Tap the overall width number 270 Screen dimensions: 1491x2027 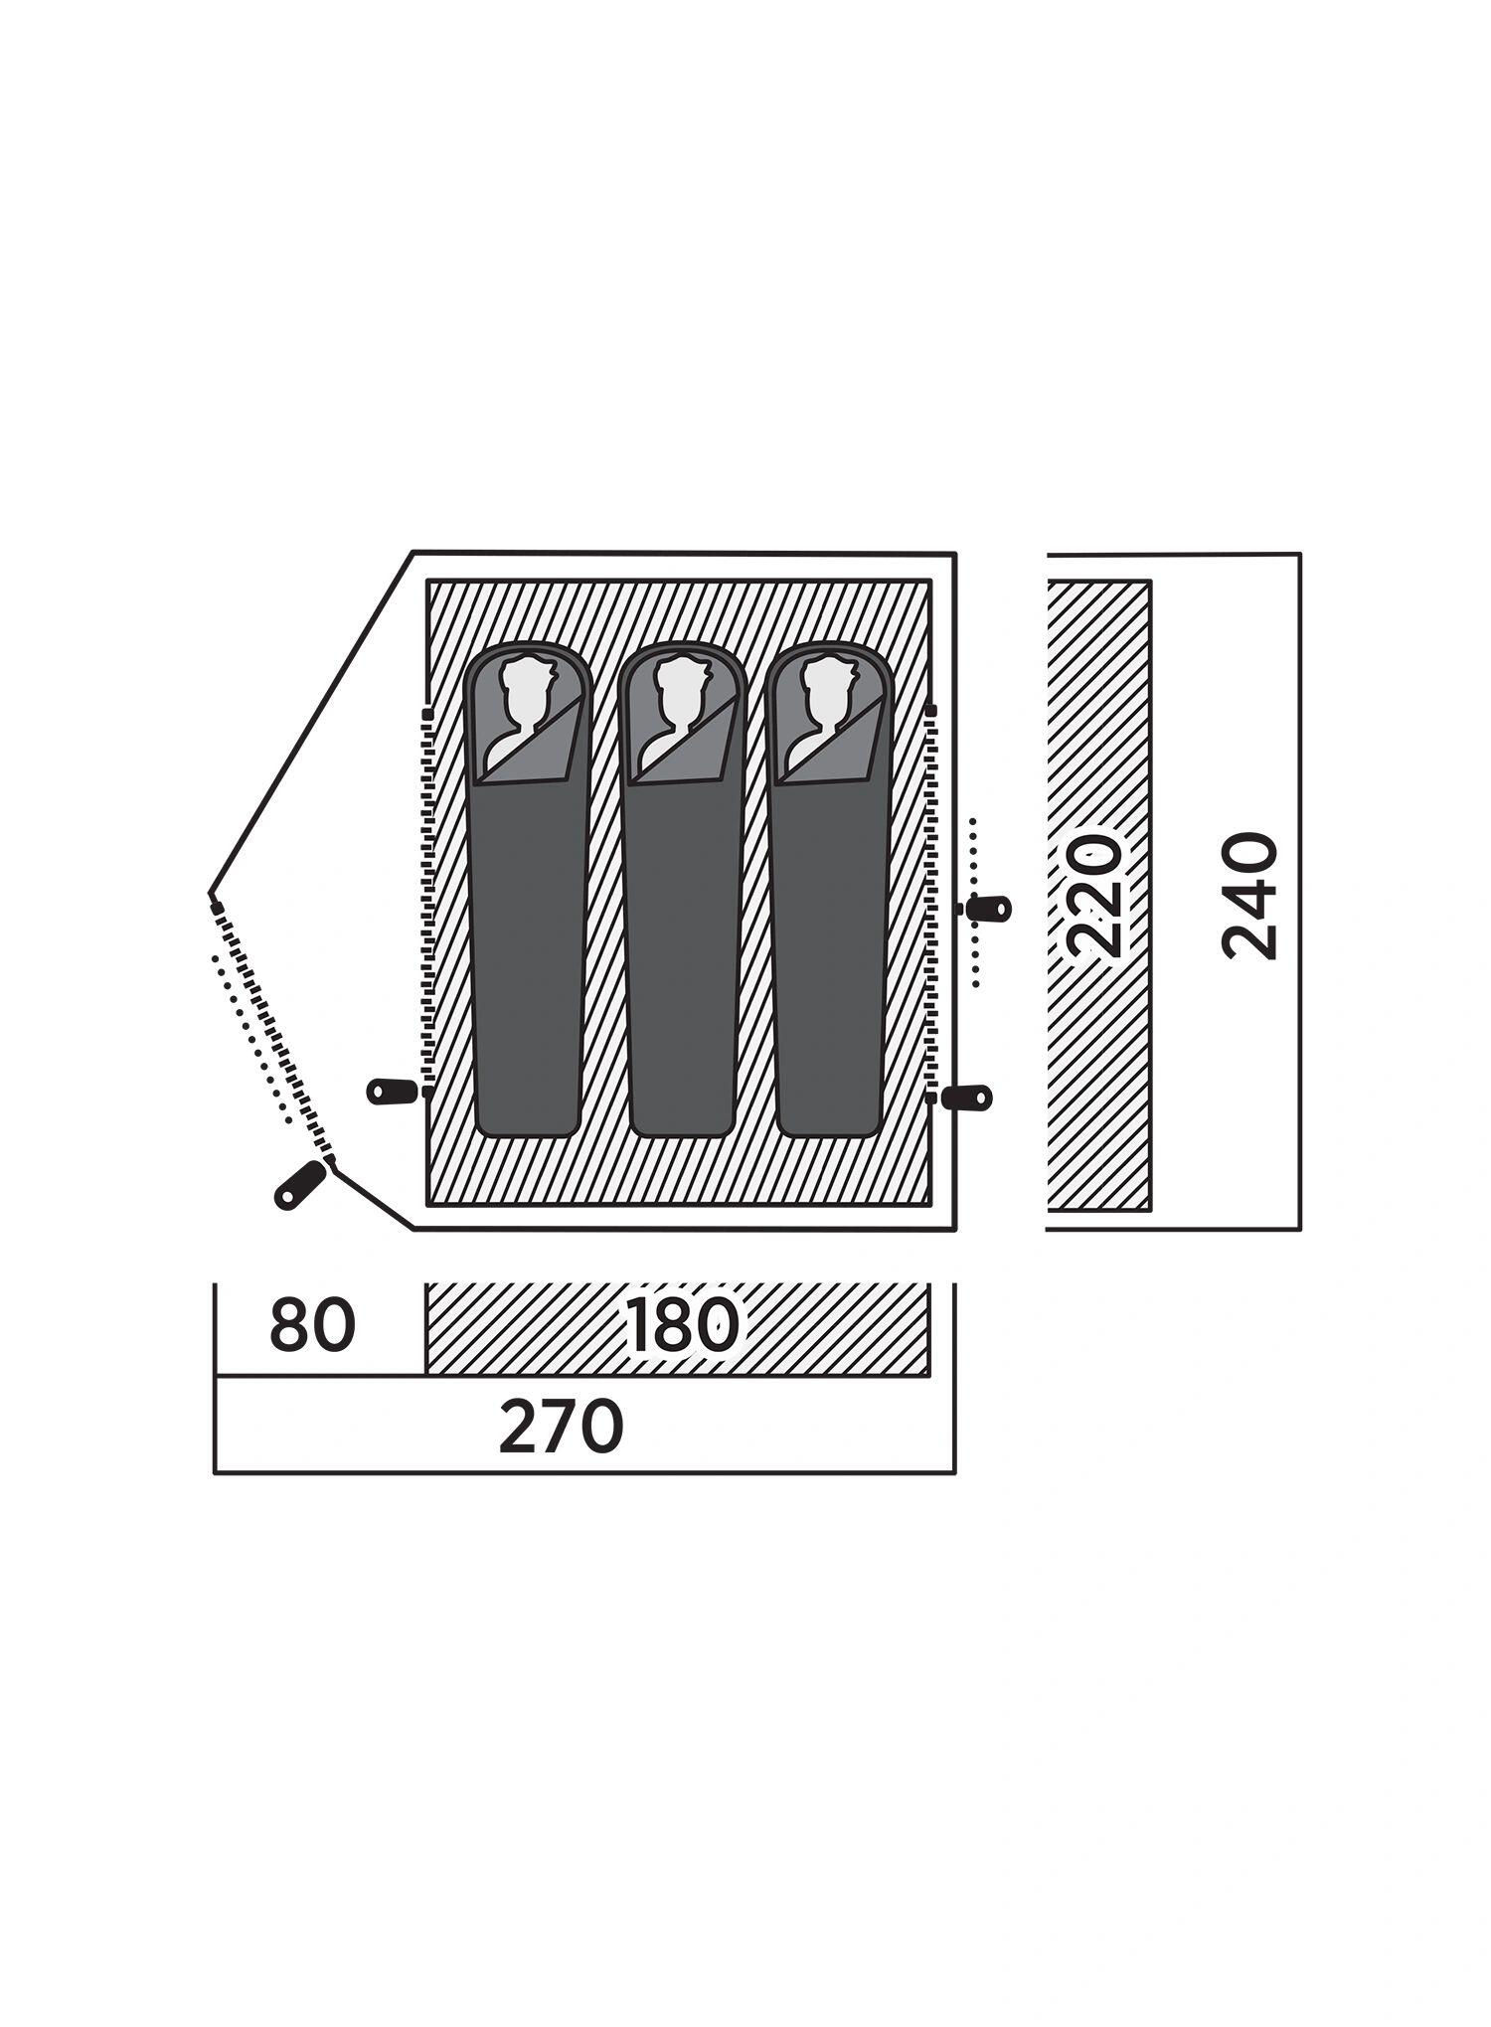click(562, 1427)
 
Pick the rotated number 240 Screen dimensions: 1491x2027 click(1249, 896)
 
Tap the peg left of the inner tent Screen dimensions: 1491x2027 click(393, 1091)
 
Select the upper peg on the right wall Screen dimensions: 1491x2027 click(987, 909)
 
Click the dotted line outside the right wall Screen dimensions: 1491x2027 click(975, 902)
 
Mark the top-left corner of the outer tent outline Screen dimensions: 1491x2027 click(413, 553)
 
